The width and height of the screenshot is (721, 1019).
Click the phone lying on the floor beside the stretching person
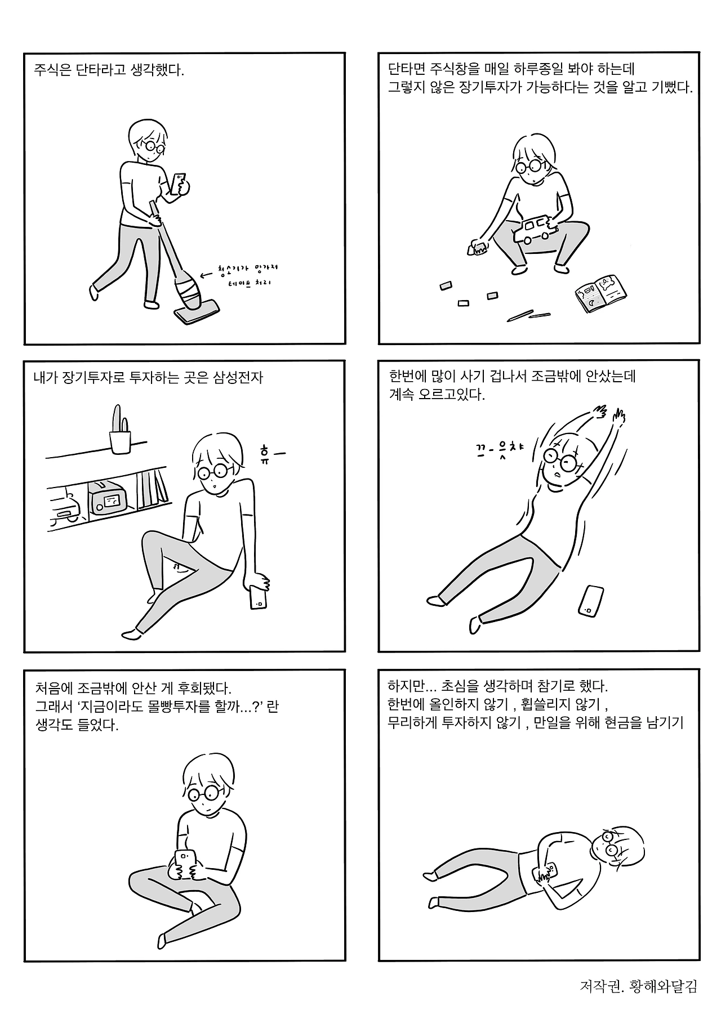591,601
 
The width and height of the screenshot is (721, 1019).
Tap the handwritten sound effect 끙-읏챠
499,449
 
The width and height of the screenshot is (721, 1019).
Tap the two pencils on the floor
528,315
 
